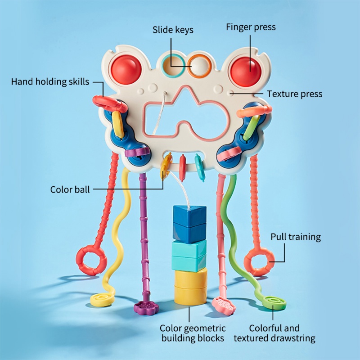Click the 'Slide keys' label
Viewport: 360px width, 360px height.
click(173, 30)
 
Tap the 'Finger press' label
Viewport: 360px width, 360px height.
click(251, 27)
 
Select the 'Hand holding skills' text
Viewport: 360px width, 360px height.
click(50, 81)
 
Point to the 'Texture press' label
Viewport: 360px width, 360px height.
click(295, 94)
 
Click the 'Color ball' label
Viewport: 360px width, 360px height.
click(70, 189)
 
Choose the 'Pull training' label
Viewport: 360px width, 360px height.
click(296, 237)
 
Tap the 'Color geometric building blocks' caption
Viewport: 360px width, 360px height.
click(193, 333)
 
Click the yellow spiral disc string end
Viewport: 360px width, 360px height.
click(101, 299)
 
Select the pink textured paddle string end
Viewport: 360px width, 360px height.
click(223, 305)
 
